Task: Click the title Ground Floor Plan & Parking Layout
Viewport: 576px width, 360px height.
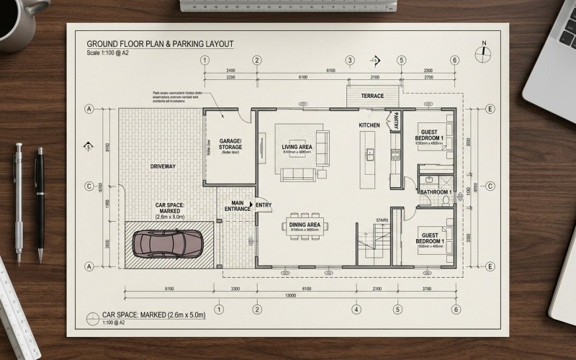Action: pyautogui.click(x=160, y=44)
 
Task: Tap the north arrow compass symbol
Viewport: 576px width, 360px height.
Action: pyautogui.click(x=484, y=53)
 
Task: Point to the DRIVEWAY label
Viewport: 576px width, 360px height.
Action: pyautogui.click(x=163, y=166)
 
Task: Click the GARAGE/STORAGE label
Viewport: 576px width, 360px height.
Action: pyautogui.click(x=230, y=143)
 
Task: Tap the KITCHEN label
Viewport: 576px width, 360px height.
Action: pyautogui.click(x=369, y=125)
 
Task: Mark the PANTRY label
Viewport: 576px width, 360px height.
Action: pyautogui.click(x=395, y=122)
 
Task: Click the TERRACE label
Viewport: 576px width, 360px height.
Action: pyautogui.click(x=372, y=96)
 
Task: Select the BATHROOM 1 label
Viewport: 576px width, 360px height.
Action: pyautogui.click(x=436, y=192)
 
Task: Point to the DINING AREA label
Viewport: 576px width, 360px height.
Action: pyautogui.click(x=305, y=225)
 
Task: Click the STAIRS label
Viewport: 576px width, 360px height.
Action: pyautogui.click(x=382, y=220)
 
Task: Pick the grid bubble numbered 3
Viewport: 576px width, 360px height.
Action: pyautogui.click(x=350, y=60)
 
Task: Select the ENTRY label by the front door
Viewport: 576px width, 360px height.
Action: pyautogui.click(x=264, y=205)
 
